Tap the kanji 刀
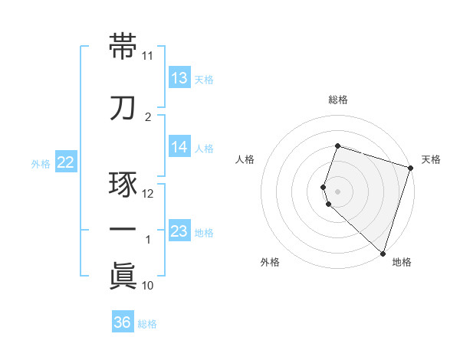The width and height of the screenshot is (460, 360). coord(123,106)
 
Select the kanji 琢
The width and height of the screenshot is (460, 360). coord(123,185)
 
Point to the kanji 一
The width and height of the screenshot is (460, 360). coord(123,230)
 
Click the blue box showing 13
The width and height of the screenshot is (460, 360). coord(179,77)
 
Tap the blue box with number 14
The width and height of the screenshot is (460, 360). coord(179,148)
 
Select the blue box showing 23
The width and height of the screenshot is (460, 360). coord(179,231)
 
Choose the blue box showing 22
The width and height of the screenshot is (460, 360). coord(66,162)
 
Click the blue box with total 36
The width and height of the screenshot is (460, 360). coord(123,322)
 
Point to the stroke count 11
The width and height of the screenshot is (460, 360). coord(148,56)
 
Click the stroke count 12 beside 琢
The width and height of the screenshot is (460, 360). coord(148,193)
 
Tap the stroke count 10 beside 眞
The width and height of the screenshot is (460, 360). coord(148,286)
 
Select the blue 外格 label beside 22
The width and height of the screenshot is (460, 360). coord(41,162)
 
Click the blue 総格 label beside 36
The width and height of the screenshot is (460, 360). coord(147,323)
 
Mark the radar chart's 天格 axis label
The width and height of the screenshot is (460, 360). coord(431,159)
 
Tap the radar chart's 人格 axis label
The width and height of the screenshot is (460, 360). coord(245,159)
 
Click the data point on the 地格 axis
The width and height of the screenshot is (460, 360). coord(383,253)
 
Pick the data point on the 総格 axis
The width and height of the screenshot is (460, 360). coord(337,146)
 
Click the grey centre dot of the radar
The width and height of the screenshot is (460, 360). coord(337,190)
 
